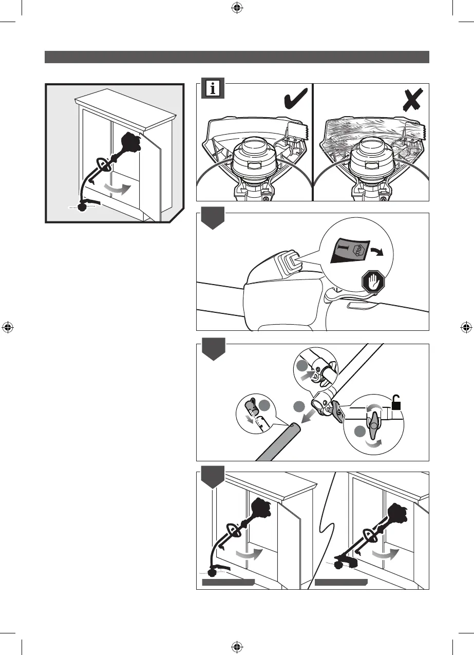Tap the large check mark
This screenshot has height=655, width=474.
pyautogui.click(x=296, y=99)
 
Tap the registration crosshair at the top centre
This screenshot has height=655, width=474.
pyautogui.click(x=237, y=8)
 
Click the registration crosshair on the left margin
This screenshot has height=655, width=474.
pyautogui.click(x=8, y=327)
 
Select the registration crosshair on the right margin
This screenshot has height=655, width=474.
pyautogui.click(x=466, y=327)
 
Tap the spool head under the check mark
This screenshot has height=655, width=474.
pyautogui.click(x=255, y=159)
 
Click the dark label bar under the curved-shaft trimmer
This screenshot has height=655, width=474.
pyautogui.click(x=228, y=582)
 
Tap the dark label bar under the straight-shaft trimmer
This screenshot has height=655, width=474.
pyautogui.click(x=342, y=582)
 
